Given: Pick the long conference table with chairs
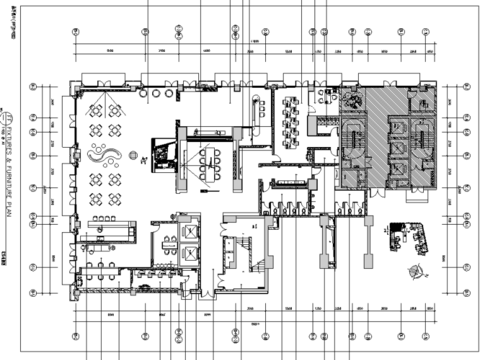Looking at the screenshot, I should (x=212, y=157).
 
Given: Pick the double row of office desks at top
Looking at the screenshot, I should (x=294, y=120).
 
